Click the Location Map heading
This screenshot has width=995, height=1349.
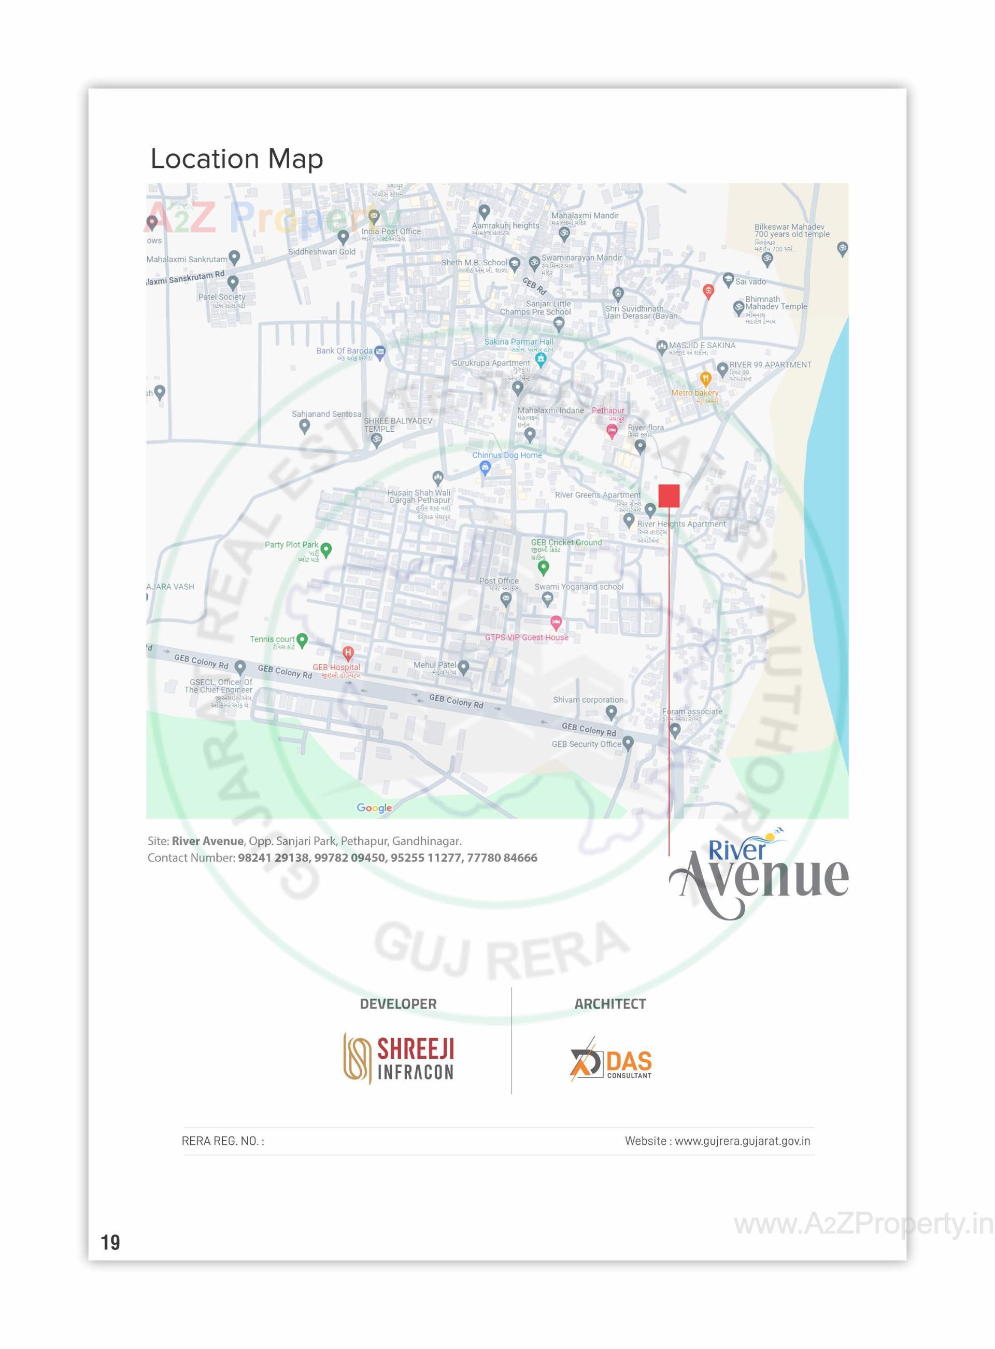click(x=236, y=159)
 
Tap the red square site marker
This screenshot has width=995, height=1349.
click(x=669, y=495)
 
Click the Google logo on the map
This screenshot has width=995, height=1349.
click(x=374, y=807)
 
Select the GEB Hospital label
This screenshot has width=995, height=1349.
click(x=336, y=668)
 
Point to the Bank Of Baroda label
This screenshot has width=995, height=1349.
click(x=344, y=350)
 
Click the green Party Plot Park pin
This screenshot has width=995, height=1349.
click(x=326, y=549)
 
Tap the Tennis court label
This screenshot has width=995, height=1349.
click(x=272, y=639)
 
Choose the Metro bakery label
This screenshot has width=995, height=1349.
click(x=694, y=393)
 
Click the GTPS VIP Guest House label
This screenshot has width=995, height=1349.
click(x=527, y=637)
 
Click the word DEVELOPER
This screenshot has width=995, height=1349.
click(x=397, y=1004)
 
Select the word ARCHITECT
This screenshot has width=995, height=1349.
click(x=609, y=1004)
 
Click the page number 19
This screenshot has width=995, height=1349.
click(x=110, y=1242)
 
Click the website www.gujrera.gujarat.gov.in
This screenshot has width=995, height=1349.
click(x=742, y=1141)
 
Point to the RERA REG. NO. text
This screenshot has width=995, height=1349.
click(x=222, y=1141)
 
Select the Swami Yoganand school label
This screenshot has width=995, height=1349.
click(x=579, y=587)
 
